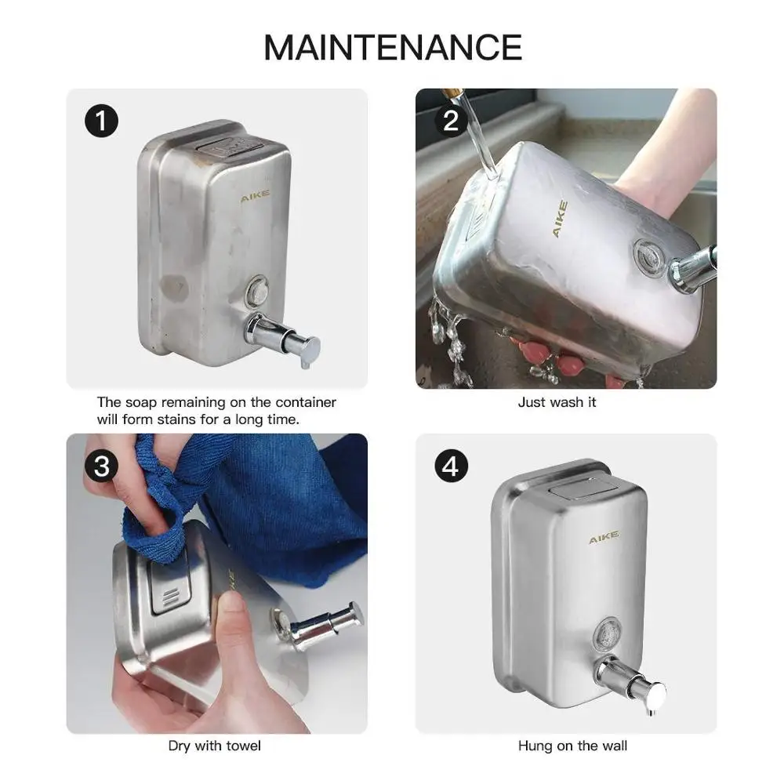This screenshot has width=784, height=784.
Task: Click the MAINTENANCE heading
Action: click(392, 47)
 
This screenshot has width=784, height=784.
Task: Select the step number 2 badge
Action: click(450, 121)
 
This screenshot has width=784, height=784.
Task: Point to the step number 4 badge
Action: click(450, 466)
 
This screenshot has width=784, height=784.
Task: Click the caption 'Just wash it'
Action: click(557, 402)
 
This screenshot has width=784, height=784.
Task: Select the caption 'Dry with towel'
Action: click(215, 746)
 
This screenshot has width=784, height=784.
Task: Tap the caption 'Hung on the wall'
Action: click(572, 746)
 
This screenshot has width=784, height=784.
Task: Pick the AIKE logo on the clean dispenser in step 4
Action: click(604, 538)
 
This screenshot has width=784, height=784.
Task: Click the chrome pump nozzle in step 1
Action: click(282, 335)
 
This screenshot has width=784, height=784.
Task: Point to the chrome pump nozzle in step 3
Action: click(321, 625)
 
